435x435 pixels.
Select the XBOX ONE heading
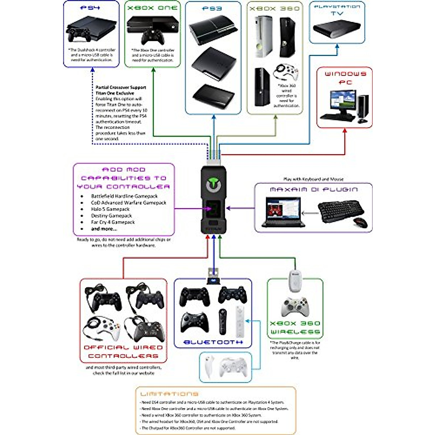152,8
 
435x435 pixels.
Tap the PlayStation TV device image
336,28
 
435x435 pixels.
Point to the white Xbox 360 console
264,36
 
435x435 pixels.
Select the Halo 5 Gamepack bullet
110,209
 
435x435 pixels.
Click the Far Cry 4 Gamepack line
113,222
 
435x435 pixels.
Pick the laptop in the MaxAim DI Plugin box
283,212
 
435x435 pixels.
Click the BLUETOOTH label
213,342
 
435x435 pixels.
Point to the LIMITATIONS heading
169,394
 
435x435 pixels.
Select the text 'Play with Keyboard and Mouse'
313,179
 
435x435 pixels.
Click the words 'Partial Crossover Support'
121,87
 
